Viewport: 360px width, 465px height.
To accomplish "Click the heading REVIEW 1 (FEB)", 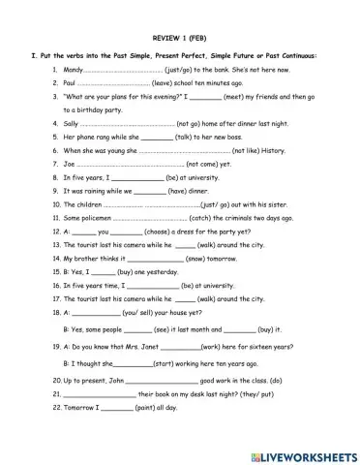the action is point(179,30).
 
